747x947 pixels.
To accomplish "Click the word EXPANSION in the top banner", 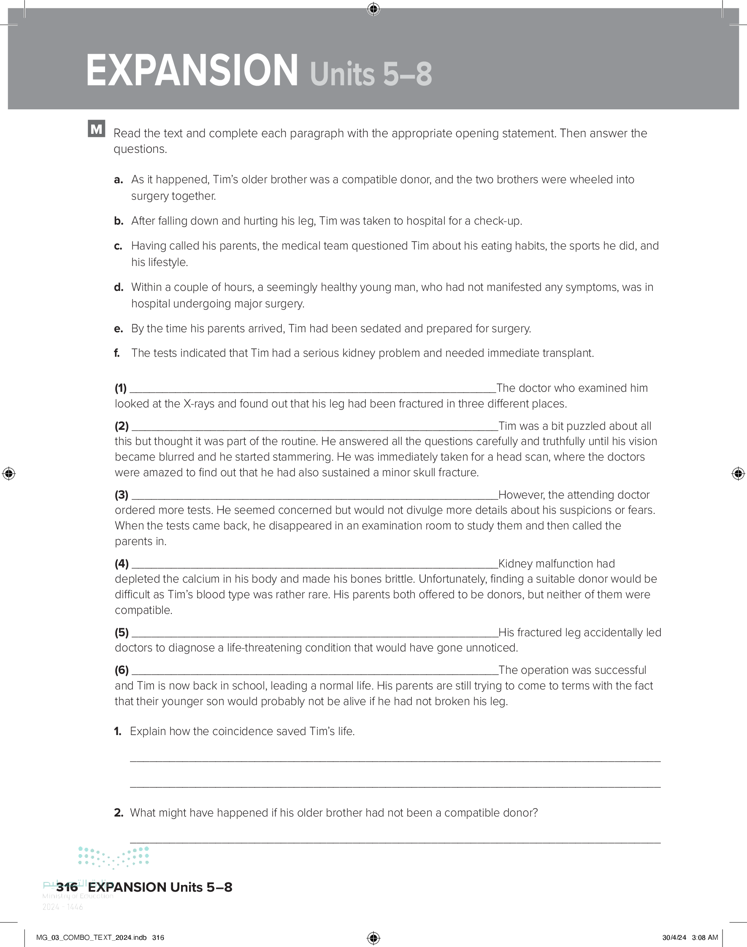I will pyautogui.click(x=192, y=71).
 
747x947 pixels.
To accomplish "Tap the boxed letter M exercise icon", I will pyautogui.click(x=96, y=129).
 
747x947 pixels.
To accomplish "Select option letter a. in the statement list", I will pyautogui.click(x=118, y=180).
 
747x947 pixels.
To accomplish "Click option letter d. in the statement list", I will pyautogui.click(x=118, y=288).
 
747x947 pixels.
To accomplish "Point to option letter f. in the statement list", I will pyautogui.click(x=117, y=353).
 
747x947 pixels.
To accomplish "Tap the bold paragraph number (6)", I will pyautogui.click(x=122, y=670).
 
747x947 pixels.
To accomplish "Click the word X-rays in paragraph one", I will pyautogui.click(x=199, y=404).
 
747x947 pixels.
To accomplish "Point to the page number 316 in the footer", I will pyautogui.click(x=67, y=887).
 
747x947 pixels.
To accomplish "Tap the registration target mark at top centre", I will pyautogui.click(x=373, y=9).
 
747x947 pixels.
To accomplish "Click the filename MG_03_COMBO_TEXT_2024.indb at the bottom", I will pyautogui.click(x=92, y=937).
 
